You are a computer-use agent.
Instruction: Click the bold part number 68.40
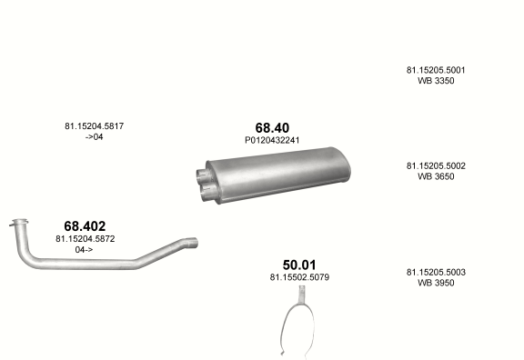272,128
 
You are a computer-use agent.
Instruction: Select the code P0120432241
272,140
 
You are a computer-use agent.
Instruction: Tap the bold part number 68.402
85,226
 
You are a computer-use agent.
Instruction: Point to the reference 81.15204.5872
86,239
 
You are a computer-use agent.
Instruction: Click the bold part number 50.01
299,265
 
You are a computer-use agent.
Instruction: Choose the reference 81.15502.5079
299,277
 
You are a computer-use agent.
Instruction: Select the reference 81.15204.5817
95,126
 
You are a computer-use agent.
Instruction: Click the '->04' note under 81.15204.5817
95,137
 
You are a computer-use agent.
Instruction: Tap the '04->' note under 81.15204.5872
84,250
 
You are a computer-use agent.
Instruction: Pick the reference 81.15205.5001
436,70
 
